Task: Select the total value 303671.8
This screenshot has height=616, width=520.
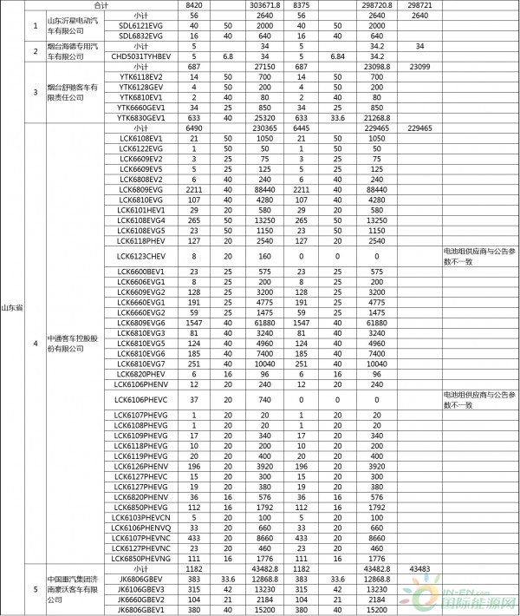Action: (262, 5)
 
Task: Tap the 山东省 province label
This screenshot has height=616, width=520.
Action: (12, 306)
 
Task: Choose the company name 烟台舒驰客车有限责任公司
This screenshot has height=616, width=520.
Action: (66, 92)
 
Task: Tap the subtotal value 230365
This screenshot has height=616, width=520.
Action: (262, 128)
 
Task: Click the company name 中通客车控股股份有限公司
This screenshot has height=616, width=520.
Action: (66, 344)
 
